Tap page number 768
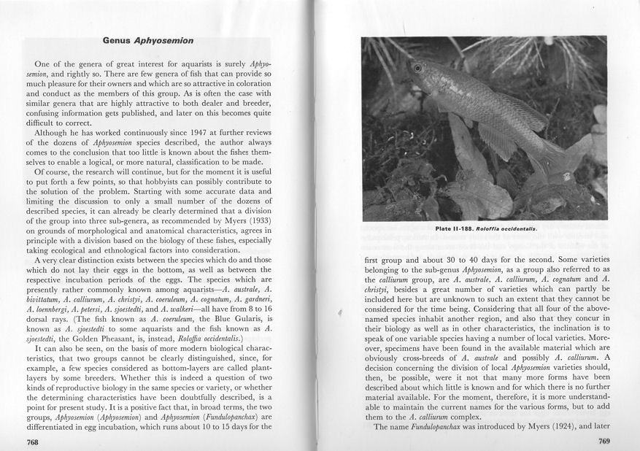33,442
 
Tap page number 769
604,441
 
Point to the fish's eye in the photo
417,68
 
